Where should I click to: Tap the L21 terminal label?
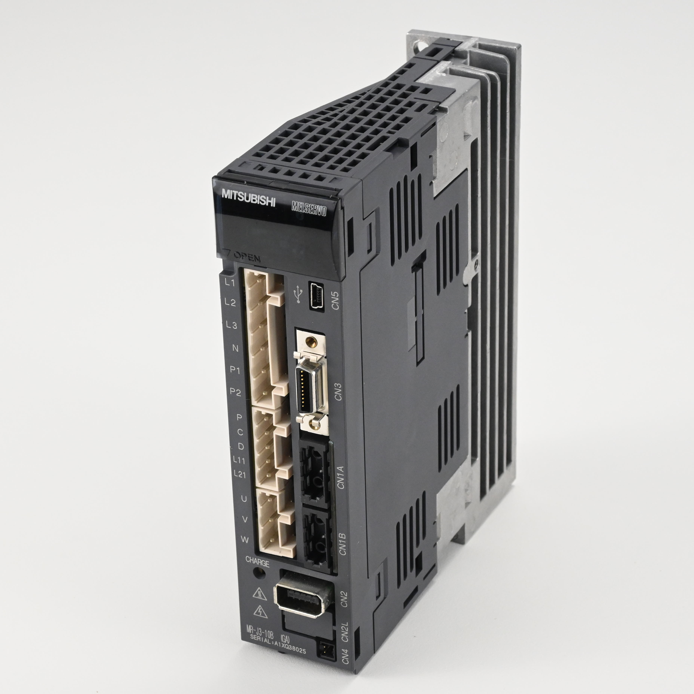tap(240, 474)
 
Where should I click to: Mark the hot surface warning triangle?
tap(259, 593)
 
